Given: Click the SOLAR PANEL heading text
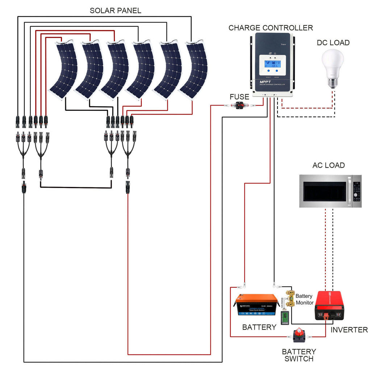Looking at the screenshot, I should (x=115, y=11).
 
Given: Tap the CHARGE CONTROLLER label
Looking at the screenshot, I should (x=270, y=28).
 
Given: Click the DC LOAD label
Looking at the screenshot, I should (x=333, y=43).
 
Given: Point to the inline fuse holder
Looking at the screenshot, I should (x=239, y=105).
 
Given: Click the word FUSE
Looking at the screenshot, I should (x=239, y=97).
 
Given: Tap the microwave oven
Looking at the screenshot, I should (x=330, y=191).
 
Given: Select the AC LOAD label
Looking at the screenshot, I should (x=328, y=166).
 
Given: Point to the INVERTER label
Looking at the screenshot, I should (x=349, y=330).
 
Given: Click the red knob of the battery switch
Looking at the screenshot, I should (x=299, y=332).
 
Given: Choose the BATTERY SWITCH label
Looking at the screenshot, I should (x=299, y=355).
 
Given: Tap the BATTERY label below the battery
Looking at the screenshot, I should (x=259, y=328).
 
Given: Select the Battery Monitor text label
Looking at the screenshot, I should (x=304, y=299).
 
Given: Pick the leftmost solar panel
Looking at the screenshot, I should (x=64, y=70).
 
